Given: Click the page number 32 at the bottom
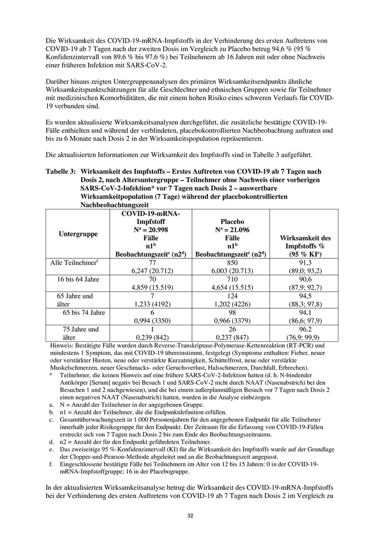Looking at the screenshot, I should pyautogui.click(x=191, y=516).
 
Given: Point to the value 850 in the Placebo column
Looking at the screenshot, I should pyautogui.click(x=232, y=263).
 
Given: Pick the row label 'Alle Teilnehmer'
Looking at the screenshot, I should pyautogui.click(x=73, y=263).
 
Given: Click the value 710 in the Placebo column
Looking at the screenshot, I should pyautogui.click(x=232, y=279).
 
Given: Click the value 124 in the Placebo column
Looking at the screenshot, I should pyautogui.click(x=232, y=296).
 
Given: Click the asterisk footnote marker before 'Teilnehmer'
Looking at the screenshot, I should pyautogui.click(x=50, y=374).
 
